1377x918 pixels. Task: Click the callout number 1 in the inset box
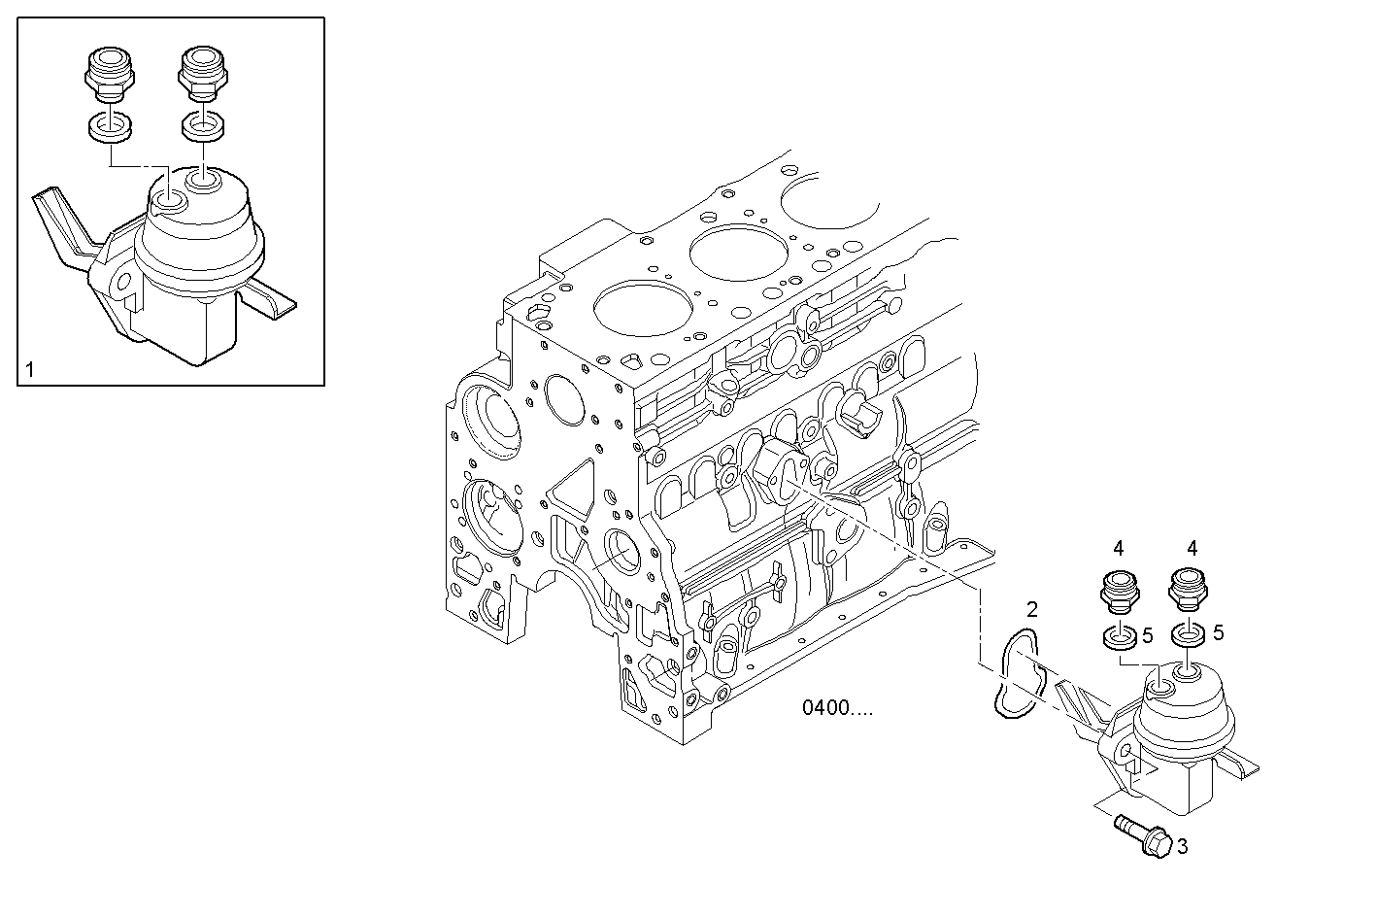pyautogui.click(x=30, y=369)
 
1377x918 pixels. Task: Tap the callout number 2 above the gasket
pyautogui.click(x=1031, y=609)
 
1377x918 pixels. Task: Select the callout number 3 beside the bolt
pyautogui.click(x=1182, y=846)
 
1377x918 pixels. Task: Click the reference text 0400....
pyautogui.click(x=837, y=708)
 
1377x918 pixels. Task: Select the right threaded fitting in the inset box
pyautogui.click(x=202, y=73)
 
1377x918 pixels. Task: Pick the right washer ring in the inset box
pyautogui.click(x=203, y=126)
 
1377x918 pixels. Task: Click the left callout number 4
pyautogui.click(x=1119, y=548)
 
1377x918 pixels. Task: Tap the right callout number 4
pyautogui.click(x=1192, y=548)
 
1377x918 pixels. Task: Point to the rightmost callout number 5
pyautogui.click(x=1218, y=632)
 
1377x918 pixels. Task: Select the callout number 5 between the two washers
pyautogui.click(x=1147, y=636)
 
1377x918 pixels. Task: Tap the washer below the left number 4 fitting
pyautogui.click(x=1120, y=638)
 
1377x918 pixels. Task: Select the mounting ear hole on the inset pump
pyautogui.click(x=121, y=285)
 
